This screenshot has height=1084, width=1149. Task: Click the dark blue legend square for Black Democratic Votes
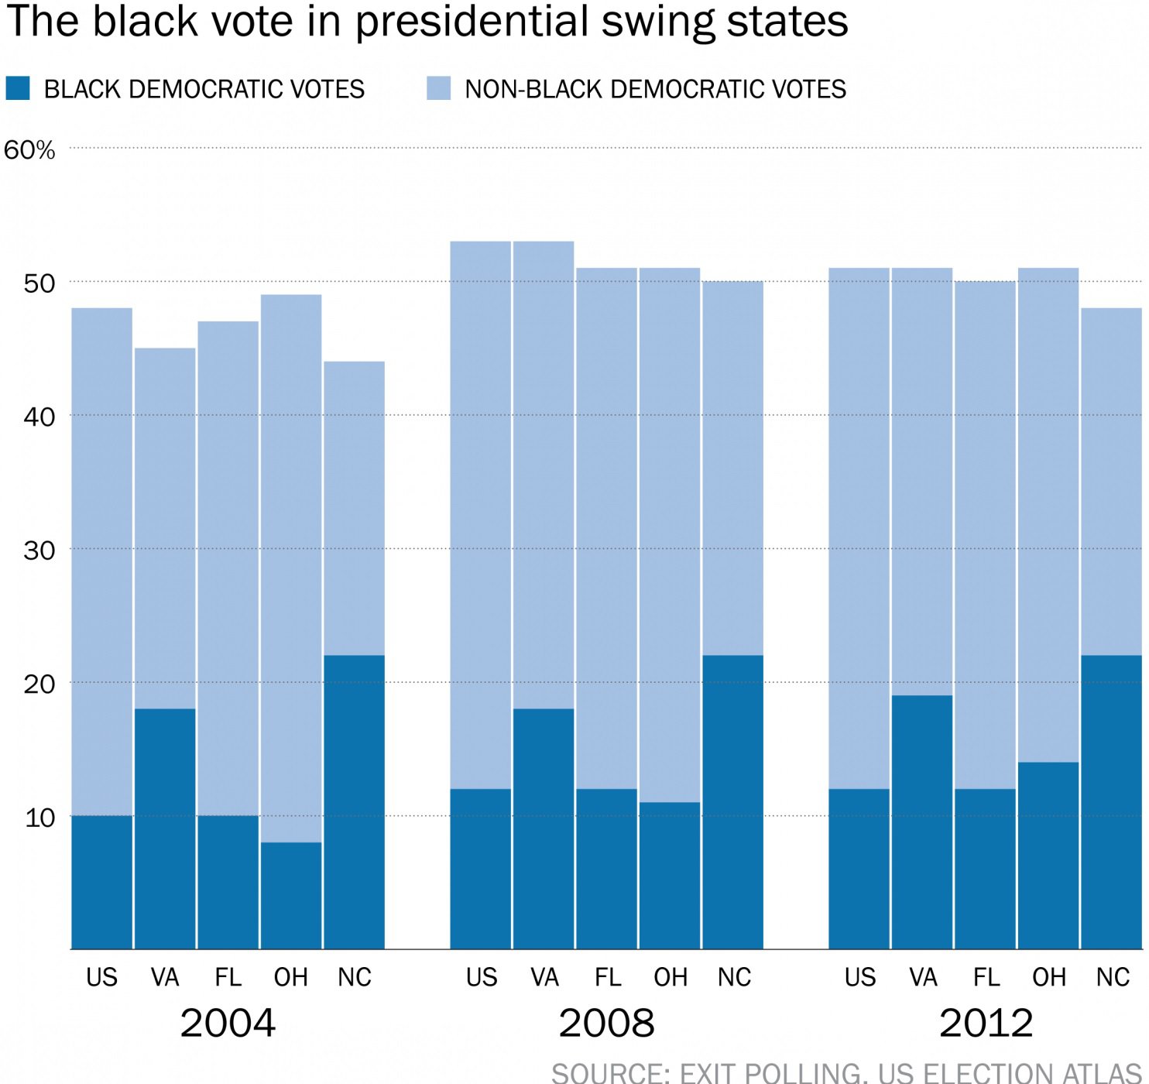(x=18, y=88)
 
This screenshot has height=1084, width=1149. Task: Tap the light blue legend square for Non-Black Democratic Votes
(x=439, y=88)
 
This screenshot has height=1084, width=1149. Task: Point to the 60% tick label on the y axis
(x=29, y=150)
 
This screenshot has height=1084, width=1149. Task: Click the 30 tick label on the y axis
(x=39, y=551)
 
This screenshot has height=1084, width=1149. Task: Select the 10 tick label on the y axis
(x=39, y=818)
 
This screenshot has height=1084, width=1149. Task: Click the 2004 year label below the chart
(x=228, y=1024)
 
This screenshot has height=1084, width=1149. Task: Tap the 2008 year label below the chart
(x=606, y=1024)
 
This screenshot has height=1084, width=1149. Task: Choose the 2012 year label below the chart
(x=986, y=1024)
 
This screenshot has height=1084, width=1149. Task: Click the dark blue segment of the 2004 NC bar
(x=354, y=802)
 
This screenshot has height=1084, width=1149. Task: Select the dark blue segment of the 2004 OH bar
(x=291, y=896)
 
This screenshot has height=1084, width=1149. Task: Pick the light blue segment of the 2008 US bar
(x=481, y=515)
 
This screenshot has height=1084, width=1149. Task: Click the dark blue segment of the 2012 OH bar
(x=1048, y=856)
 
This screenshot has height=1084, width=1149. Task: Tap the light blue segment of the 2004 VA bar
(x=165, y=528)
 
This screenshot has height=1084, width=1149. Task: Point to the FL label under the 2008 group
(x=608, y=978)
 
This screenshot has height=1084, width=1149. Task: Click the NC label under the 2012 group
(x=1113, y=978)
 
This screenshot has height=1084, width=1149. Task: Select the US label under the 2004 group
(x=101, y=978)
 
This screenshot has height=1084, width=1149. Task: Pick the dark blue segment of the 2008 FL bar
(x=607, y=869)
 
